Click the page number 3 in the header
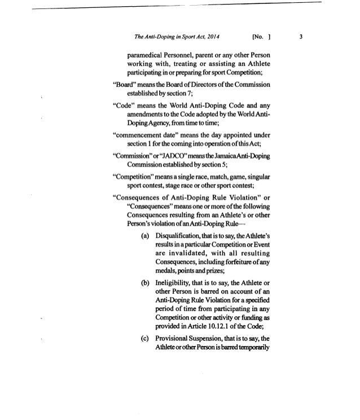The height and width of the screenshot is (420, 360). coord(301,38)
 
